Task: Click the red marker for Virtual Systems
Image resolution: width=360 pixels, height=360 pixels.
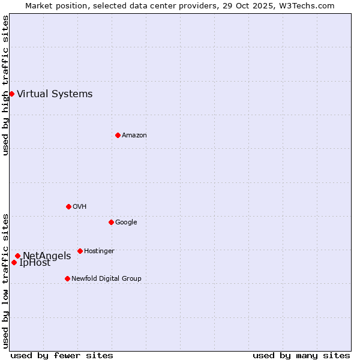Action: (11, 94)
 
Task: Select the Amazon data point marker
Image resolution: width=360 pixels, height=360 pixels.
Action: (118, 135)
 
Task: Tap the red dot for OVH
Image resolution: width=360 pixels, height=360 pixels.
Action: (68, 206)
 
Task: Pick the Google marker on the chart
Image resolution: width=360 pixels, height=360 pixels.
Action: (111, 222)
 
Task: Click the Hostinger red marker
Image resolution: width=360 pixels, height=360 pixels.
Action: (80, 251)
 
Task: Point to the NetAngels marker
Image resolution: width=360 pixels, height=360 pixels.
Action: (17, 256)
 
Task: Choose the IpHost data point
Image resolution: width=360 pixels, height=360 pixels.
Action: (14, 262)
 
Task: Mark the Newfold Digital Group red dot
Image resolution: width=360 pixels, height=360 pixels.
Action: (67, 278)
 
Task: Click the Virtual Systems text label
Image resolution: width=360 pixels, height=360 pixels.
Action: (55, 94)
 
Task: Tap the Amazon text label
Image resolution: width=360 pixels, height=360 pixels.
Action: (134, 135)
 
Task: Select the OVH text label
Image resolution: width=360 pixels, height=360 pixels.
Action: (80, 206)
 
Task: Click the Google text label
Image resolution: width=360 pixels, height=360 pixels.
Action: (126, 222)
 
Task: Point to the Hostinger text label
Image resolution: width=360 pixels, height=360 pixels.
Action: (99, 251)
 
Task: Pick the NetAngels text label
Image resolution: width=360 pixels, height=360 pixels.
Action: (47, 256)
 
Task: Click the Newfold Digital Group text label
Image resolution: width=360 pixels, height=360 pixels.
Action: (106, 278)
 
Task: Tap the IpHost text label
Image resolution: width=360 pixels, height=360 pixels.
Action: (35, 263)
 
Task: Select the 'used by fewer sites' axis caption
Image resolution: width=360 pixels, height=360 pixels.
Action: (62, 355)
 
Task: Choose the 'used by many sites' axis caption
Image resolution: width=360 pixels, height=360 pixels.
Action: (301, 355)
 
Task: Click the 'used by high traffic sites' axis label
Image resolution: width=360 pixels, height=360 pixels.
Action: (6, 85)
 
